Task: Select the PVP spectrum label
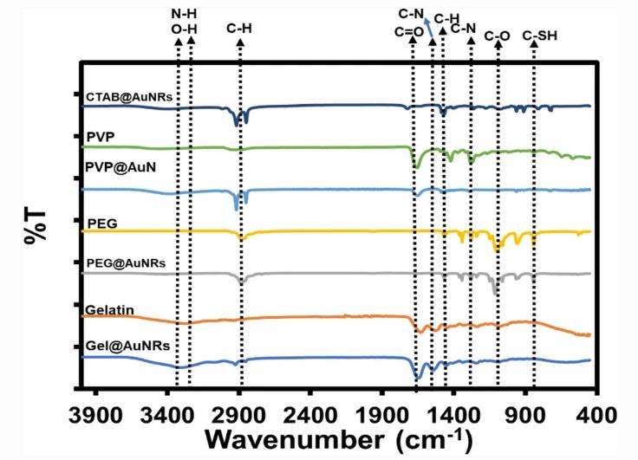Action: pos(101,137)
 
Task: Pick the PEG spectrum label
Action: pos(101,224)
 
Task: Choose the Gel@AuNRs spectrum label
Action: pos(127,345)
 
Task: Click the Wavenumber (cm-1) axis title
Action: pos(342,439)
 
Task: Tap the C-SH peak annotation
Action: pos(535,35)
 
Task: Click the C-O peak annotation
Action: pos(498,35)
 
